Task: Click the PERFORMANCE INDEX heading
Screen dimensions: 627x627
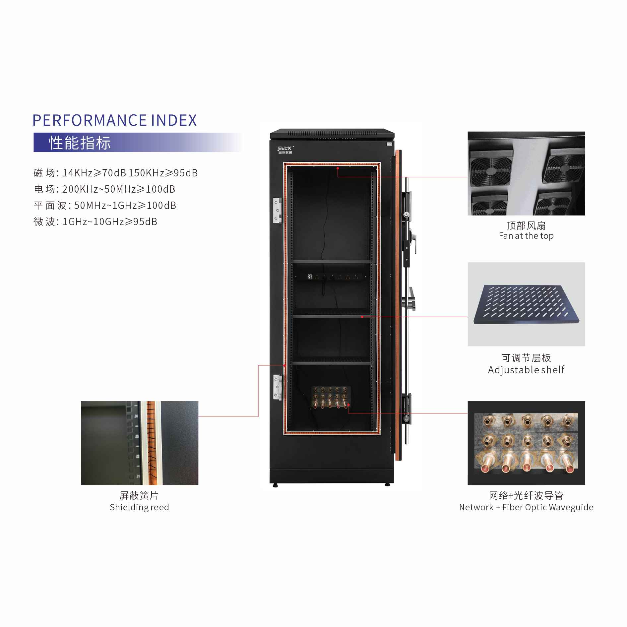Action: pyautogui.click(x=115, y=120)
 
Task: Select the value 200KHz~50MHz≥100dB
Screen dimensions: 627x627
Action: pyautogui.click(x=119, y=189)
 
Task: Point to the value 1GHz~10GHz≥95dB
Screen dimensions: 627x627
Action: pyautogui.click(x=110, y=221)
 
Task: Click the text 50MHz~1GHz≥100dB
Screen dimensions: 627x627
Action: pyautogui.click(x=125, y=205)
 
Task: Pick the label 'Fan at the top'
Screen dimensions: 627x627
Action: pyautogui.click(x=526, y=236)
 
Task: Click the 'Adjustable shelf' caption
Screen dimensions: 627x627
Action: pyautogui.click(x=526, y=370)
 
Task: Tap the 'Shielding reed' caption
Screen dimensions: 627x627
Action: pyautogui.click(x=139, y=507)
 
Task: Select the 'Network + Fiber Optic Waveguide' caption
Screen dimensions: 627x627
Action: pyautogui.click(x=526, y=507)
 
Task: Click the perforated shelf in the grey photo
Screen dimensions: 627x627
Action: pyautogui.click(x=527, y=304)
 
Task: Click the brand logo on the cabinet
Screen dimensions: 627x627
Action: pyautogui.click(x=285, y=150)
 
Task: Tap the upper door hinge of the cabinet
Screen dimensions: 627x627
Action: pyautogui.click(x=278, y=211)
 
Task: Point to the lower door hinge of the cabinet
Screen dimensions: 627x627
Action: pyautogui.click(x=278, y=387)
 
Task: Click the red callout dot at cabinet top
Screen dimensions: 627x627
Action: pyautogui.click(x=338, y=168)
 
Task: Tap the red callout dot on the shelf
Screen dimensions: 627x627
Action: pyautogui.click(x=362, y=317)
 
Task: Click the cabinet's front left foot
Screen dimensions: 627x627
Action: pyautogui.click(x=275, y=485)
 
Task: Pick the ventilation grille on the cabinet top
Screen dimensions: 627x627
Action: pyautogui.click(x=332, y=133)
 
